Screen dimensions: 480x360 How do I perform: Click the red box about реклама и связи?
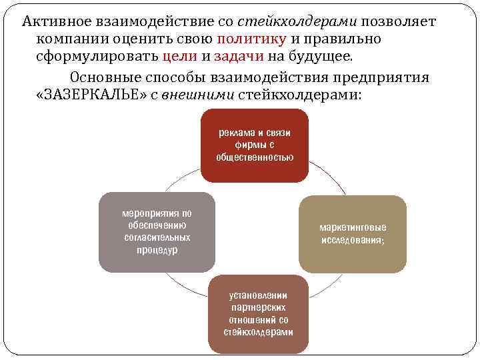pyautogui.click(x=254, y=146)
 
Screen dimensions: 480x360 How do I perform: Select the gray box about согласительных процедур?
pyautogui.click(x=157, y=231)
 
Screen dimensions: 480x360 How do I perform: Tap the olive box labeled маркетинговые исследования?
pyautogui.click(x=352, y=234)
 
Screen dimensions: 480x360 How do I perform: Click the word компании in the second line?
pyautogui.click(x=71, y=39)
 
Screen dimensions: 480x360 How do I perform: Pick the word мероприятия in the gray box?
pyautogui.click(x=157, y=213)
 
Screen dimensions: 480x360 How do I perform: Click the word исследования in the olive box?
pyautogui.click(x=352, y=240)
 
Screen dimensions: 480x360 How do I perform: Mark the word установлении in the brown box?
pyautogui.click(x=258, y=295)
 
